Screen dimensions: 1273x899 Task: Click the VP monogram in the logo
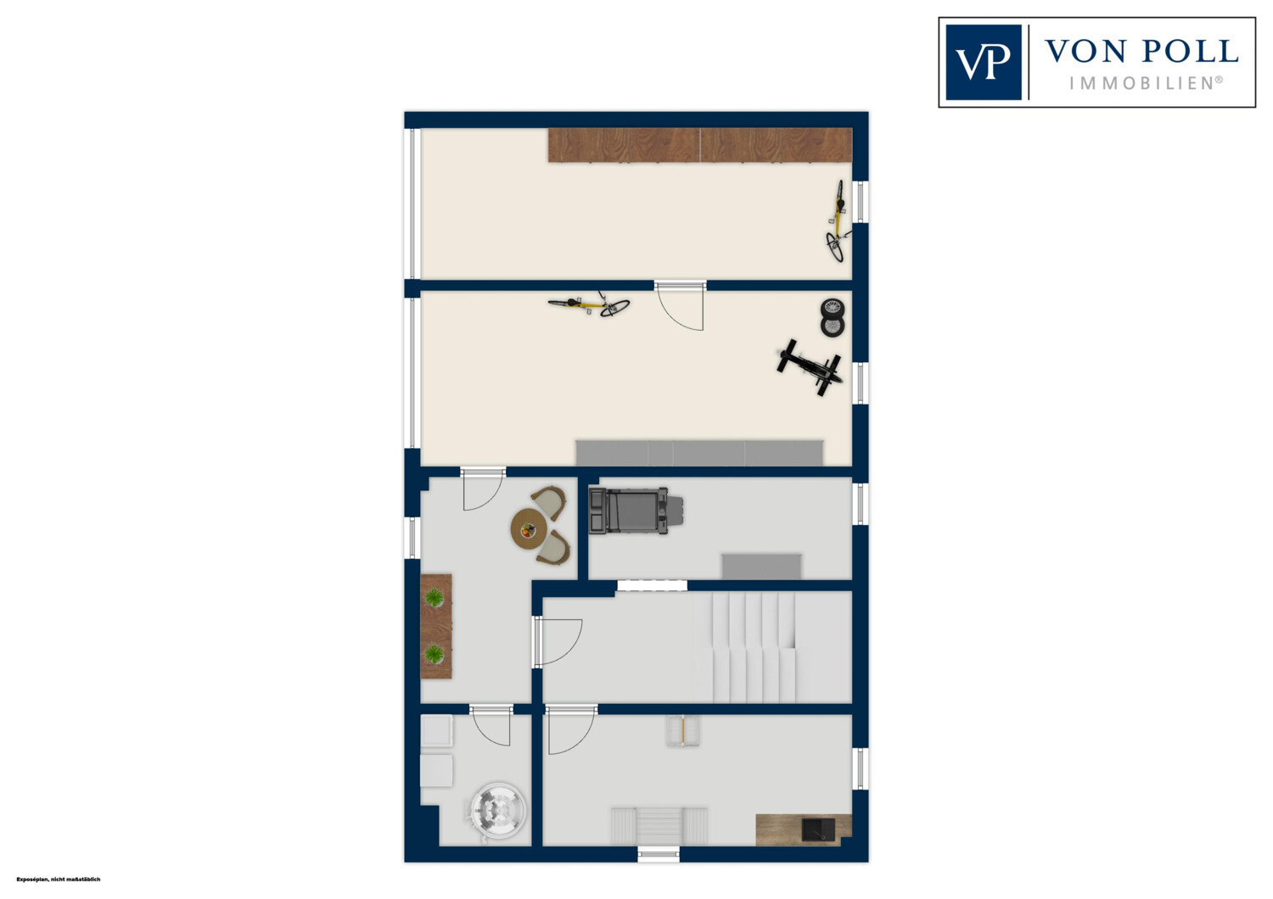pos(983,63)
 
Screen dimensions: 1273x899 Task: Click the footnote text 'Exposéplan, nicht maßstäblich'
pos(58,879)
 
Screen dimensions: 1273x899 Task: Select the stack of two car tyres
pos(832,317)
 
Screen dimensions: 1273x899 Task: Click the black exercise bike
pos(810,367)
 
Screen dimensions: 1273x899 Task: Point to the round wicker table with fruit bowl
pos(529,529)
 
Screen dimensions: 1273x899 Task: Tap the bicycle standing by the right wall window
pos(837,221)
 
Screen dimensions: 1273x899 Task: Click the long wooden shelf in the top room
pos(700,145)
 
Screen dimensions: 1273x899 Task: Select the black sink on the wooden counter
pos(818,829)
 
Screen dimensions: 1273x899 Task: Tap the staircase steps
pos(745,647)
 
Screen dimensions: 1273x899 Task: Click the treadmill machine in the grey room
pos(636,511)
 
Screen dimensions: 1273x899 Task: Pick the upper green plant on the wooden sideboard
pos(435,597)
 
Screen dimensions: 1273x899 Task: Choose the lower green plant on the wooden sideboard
pos(435,654)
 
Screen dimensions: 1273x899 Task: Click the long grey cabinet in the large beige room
pos(699,453)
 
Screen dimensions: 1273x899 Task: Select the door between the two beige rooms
pos(680,305)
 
